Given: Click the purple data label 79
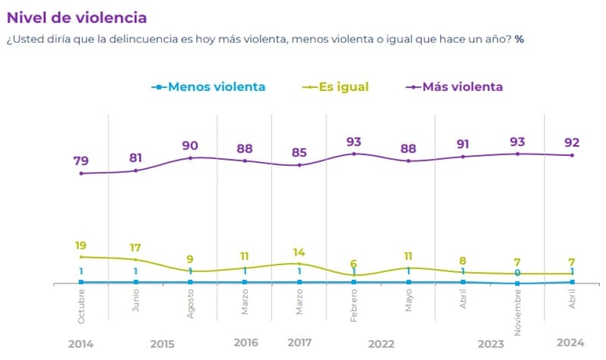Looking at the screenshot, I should click(81, 160).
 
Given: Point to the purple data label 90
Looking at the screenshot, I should click(189, 145).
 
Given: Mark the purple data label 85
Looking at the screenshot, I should click(299, 152).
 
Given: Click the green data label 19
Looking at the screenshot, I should click(81, 245).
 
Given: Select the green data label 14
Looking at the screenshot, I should click(299, 252).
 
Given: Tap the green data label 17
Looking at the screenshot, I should click(136, 248).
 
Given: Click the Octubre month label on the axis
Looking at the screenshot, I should click(81, 306).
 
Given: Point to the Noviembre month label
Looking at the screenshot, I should click(517, 311).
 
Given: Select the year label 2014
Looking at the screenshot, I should click(81, 343).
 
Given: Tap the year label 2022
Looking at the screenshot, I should click(381, 343).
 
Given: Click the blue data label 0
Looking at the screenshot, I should click(517, 273).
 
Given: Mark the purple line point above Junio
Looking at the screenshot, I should click(136, 171).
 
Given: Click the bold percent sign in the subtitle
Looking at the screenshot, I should click(519, 39).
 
